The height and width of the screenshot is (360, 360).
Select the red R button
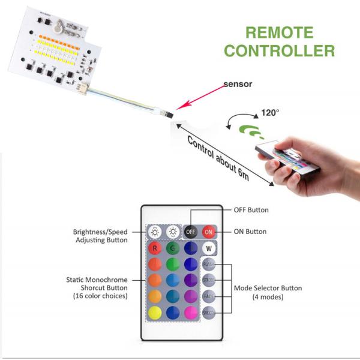pos(155,248)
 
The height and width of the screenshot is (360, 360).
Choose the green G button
pos(173,248)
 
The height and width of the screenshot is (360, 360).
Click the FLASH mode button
pos(209,264)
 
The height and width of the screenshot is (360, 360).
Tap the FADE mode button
pos(209,296)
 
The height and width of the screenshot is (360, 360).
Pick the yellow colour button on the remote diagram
pos(155,311)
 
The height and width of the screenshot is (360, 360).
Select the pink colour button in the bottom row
pos(191,311)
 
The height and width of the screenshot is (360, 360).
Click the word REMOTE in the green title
pos(280,32)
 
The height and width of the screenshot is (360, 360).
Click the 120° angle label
pos(270,112)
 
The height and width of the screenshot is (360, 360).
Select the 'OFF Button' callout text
pos(251,210)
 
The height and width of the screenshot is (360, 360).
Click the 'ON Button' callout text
pos(250,232)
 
